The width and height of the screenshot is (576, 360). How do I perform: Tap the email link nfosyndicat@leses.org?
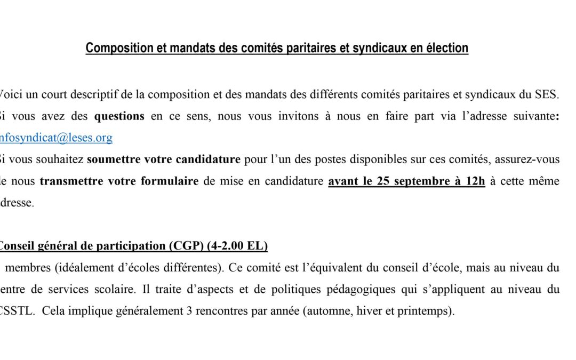[x=55, y=138]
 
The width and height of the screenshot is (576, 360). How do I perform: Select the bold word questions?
[x=119, y=116]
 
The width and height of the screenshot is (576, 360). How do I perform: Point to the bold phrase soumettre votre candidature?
[x=164, y=159]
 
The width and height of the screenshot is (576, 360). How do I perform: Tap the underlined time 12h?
[x=474, y=181]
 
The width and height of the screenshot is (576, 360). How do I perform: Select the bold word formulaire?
[x=170, y=181]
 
